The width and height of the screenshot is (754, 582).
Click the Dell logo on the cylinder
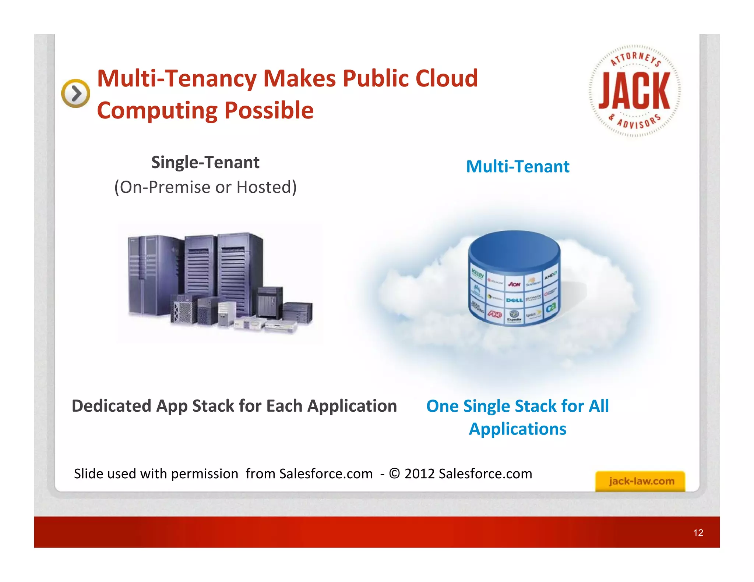point(514,300)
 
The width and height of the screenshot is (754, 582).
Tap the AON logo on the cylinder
point(514,284)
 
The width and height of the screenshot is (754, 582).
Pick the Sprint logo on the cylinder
point(532,315)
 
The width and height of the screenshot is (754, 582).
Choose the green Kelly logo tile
point(478,274)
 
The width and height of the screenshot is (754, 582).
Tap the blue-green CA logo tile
point(551,308)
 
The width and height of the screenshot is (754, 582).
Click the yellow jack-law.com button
point(640,481)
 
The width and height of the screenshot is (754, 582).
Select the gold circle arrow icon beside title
point(75,93)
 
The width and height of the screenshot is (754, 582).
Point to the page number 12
point(698,533)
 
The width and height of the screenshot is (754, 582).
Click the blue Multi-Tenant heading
point(518,167)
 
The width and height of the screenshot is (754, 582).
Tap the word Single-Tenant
point(205,163)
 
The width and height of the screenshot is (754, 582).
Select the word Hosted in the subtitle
point(266,187)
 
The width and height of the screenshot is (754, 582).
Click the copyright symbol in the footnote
point(394,473)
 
